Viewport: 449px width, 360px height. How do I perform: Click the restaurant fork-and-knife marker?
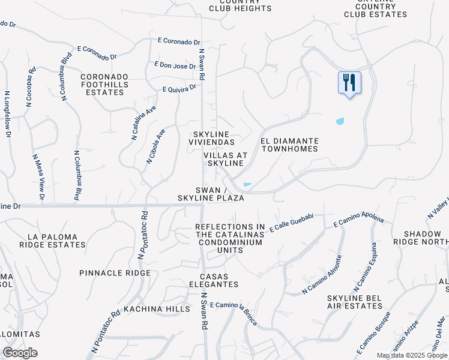349,83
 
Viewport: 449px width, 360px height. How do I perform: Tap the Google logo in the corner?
20,353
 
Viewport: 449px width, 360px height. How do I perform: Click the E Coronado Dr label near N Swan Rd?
179,41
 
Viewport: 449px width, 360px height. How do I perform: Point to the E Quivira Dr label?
179,89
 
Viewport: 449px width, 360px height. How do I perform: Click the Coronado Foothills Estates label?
104,85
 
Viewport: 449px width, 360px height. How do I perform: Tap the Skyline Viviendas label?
212,137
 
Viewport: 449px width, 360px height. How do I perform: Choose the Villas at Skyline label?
226,159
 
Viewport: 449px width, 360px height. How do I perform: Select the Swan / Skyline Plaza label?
211,193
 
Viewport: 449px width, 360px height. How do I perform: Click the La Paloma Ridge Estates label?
52,241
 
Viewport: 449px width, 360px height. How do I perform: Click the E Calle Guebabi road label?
292,222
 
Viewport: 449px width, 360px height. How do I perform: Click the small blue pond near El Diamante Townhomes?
340,121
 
